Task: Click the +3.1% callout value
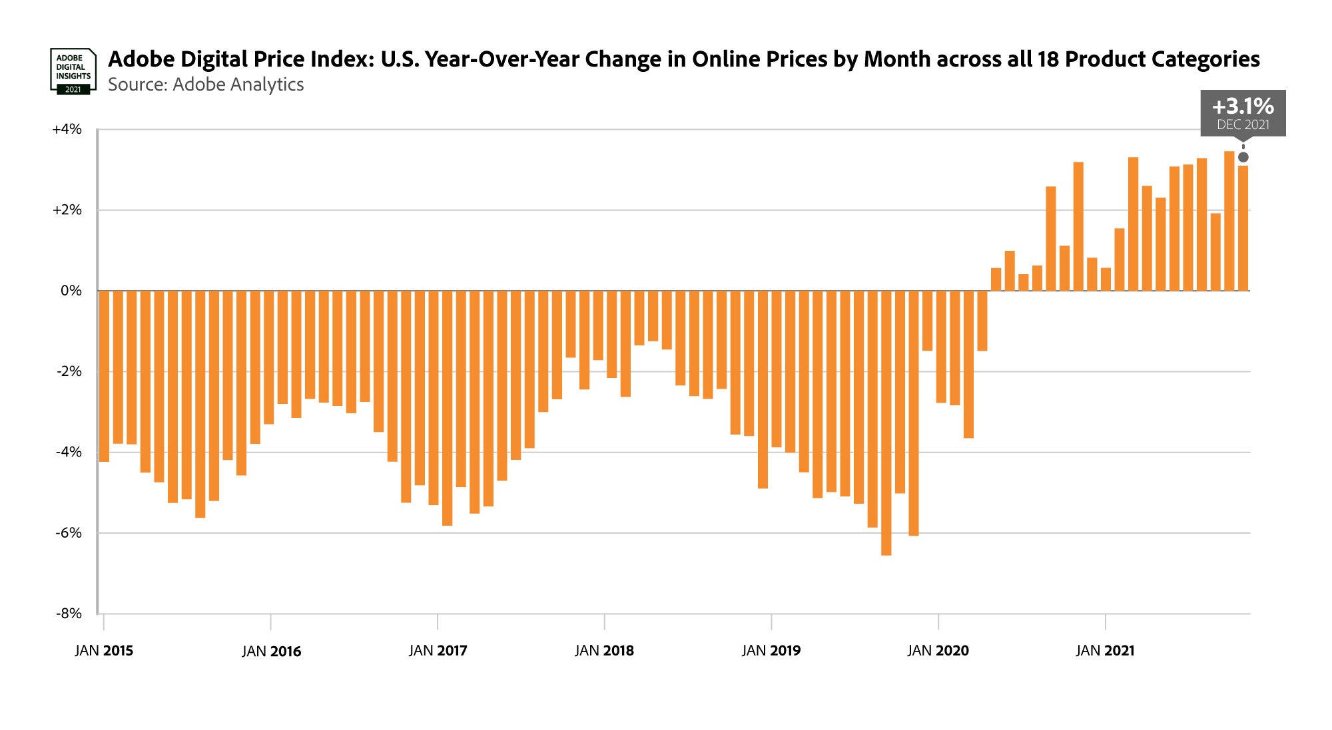[1243, 106]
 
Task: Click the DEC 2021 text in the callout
[1243, 124]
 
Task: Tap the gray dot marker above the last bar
[1243, 157]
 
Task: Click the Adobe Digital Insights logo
[73, 71]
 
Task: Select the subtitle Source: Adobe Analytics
[206, 85]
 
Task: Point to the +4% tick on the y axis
[67, 129]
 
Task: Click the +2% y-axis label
[67, 210]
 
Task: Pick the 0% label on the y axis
[71, 291]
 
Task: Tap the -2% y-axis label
[69, 371]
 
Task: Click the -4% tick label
[69, 452]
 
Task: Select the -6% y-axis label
[69, 533]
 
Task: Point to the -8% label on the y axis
[69, 614]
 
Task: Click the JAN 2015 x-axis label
[104, 651]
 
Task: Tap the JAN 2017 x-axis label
[438, 651]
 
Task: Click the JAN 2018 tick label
[605, 651]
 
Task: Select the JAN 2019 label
[771, 651]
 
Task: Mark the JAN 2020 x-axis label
[938, 651]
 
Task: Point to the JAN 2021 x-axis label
[1105, 651]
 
